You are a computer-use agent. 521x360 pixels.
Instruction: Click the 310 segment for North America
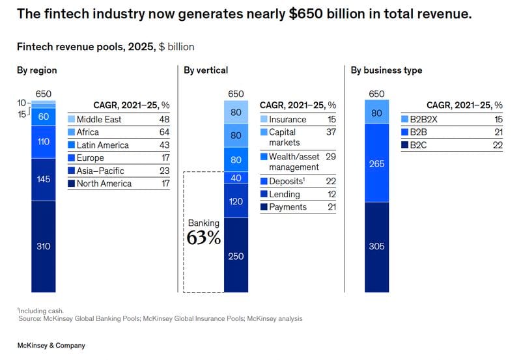(44, 246)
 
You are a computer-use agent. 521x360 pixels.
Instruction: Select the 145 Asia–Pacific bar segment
(44, 179)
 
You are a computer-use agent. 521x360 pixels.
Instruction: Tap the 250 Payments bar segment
(236, 256)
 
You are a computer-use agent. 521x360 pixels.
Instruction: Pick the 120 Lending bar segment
(236, 201)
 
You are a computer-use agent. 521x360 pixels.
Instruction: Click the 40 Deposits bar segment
(236, 178)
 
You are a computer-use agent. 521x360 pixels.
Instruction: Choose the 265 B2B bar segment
(376, 163)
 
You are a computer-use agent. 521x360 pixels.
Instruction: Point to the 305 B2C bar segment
(376, 246)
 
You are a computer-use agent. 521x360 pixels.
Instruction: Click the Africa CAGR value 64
(164, 132)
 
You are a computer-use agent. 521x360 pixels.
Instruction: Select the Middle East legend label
(98, 120)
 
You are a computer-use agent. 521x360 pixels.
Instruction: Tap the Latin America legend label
(102, 145)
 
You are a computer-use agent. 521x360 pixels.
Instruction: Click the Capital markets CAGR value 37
(330, 132)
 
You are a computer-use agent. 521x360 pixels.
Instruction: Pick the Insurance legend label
(287, 120)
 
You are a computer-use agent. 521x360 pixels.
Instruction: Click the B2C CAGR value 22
(498, 145)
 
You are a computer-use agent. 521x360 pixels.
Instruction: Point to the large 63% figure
(204, 238)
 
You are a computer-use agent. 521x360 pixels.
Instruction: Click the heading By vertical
(206, 70)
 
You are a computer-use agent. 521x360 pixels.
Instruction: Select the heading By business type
(386, 70)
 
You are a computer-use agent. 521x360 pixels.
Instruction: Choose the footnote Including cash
(42, 311)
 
